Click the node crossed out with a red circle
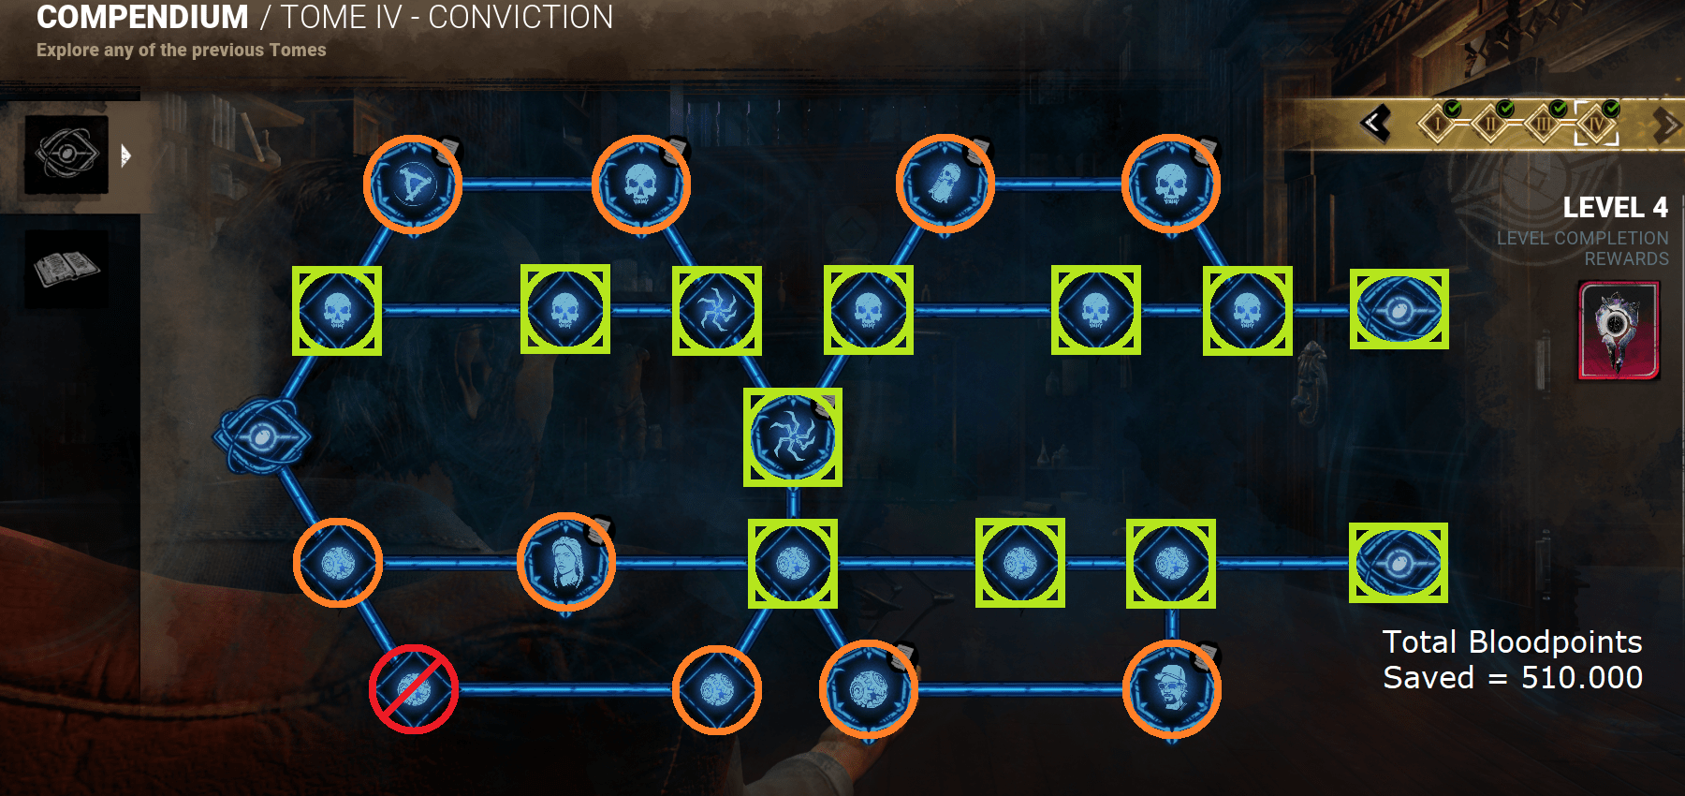point(413,689)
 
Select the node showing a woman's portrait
point(565,562)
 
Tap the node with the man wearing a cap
point(1171,689)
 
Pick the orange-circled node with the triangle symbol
point(413,184)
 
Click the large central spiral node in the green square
point(792,437)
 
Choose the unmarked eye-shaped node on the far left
point(262,436)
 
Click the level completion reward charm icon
point(1619,331)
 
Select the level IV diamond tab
point(1596,124)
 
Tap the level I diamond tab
point(1437,124)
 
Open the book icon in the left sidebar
point(66,269)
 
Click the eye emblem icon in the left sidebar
point(66,154)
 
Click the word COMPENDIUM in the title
point(142,18)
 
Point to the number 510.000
point(1581,677)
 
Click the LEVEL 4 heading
point(1615,207)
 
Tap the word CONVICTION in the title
point(520,18)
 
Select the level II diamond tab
point(1490,124)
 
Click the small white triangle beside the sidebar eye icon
point(125,155)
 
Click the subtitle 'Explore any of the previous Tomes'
point(182,51)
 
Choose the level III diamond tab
point(1543,124)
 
